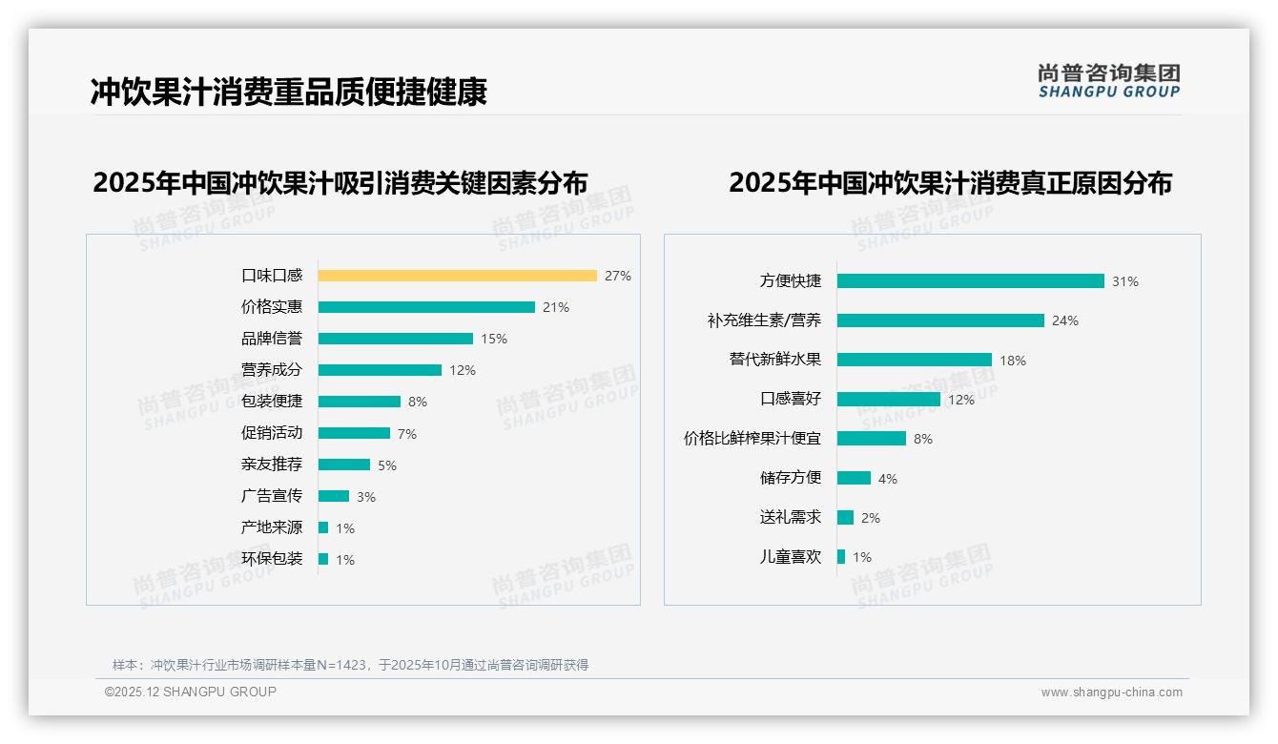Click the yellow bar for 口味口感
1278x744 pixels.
[x=457, y=276]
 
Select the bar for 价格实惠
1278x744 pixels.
[x=426, y=307]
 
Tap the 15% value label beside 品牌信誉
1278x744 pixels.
[x=494, y=339]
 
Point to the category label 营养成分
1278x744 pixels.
[x=272, y=370]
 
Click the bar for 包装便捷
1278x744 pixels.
[x=360, y=402]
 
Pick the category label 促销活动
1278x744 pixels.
[x=272, y=433]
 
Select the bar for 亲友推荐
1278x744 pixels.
[x=344, y=465]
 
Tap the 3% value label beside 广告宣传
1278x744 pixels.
[x=366, y=497]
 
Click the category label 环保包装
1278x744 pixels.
[x=272, y=559]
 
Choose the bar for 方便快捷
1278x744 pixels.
[x=970, y=281]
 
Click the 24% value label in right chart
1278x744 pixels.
[x=1065, y=321]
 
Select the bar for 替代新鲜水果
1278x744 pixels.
[x=914, y=360]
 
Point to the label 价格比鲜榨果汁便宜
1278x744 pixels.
[x=752, y=439]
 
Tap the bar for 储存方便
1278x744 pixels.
[x=854, y=478]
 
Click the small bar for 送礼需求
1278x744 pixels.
[x=845, y=517]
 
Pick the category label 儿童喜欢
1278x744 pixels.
[x=791, y=557]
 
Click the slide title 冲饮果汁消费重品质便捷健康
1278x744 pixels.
[x=289, y=92]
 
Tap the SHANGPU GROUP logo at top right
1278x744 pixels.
[x=1109, y=80]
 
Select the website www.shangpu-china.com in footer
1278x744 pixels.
[x=1111, y=692]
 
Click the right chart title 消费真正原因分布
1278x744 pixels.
[x=950, y=182]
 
